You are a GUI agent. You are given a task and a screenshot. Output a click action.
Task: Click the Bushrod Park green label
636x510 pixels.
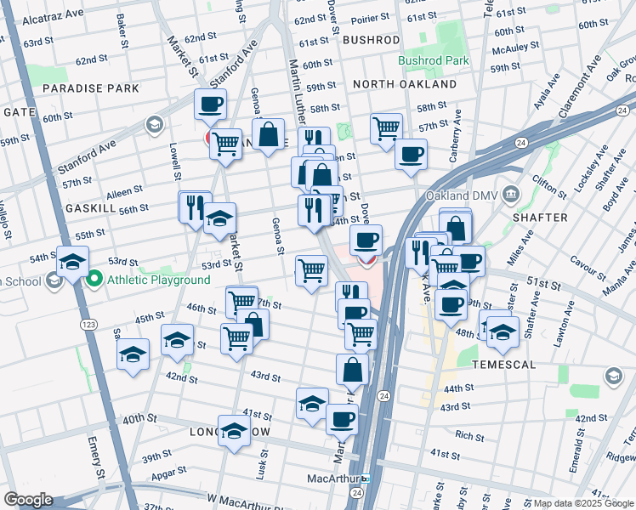point(433,61)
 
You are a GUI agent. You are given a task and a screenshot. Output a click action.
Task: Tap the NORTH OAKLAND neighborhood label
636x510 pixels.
point(404,84)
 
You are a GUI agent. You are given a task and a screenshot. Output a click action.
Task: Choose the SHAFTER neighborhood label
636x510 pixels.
point(540,218)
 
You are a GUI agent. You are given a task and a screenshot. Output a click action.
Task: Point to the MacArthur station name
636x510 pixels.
point(334,479)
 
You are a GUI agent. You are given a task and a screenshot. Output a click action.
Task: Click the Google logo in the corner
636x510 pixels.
point(28,500)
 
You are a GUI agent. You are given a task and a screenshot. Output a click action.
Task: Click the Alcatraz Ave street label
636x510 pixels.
point(53,17)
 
